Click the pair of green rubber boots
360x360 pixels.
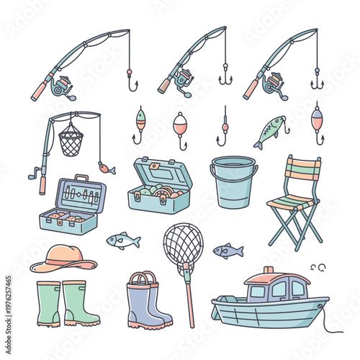67,302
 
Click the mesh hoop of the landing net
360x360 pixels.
183,243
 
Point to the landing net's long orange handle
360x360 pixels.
189,295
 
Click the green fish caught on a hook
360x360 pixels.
269,132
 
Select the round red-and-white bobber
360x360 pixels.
180,122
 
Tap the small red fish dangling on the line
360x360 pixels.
107,169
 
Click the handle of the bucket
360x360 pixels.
234,164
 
